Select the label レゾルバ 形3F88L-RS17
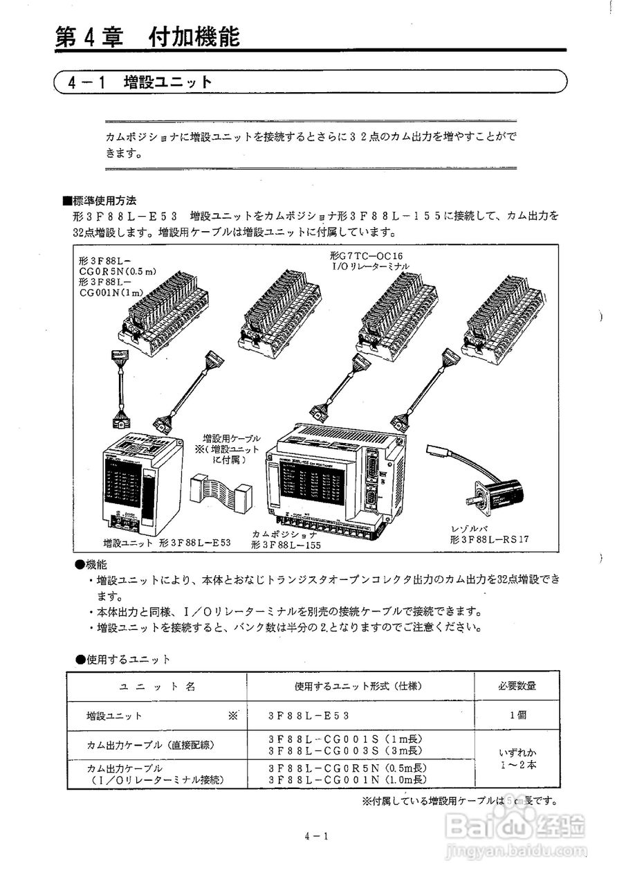[x=484, y=534]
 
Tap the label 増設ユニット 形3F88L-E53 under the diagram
[x=166, y=542]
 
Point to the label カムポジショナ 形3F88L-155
[x=286, y=540]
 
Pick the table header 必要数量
[x=517, y=686]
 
